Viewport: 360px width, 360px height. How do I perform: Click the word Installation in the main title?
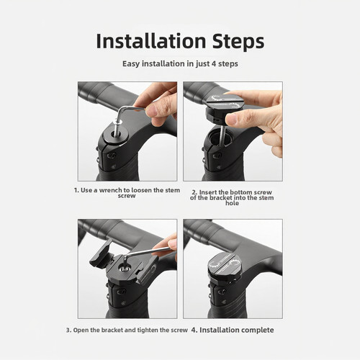151,41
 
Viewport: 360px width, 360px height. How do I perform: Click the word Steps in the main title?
238,42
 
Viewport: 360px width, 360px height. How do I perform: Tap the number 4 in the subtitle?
214,64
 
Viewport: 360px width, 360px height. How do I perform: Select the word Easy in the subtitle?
131,64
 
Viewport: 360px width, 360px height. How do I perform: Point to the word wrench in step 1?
111,190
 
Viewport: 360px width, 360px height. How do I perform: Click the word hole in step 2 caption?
232,203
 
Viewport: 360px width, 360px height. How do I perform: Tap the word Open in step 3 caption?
81,330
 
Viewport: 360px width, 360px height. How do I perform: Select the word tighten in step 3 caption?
148,330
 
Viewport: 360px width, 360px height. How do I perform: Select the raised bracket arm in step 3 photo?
101,254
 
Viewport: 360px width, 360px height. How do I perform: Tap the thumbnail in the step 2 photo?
232,118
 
